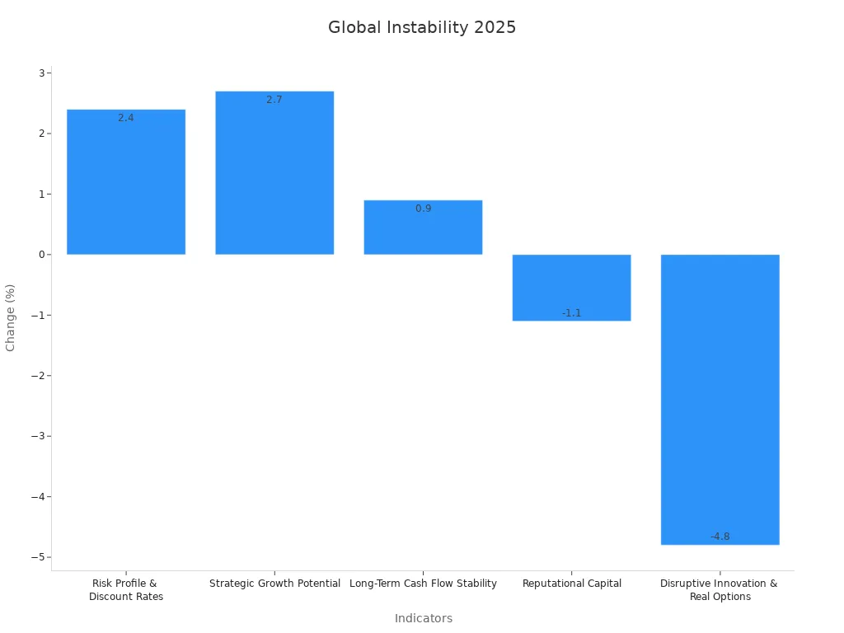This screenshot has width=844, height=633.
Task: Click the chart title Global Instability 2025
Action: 422,27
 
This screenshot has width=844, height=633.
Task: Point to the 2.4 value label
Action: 126,118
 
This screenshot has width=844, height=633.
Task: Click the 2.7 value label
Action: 274,100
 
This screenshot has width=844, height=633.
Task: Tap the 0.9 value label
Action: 423,209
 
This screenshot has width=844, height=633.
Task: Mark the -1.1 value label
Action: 571,313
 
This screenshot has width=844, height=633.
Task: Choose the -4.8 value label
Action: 720,537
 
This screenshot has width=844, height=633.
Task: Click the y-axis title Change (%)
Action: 11,317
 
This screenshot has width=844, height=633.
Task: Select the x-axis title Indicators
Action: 423,618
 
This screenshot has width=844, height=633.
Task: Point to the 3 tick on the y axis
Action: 40,73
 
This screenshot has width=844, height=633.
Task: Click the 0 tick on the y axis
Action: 40,255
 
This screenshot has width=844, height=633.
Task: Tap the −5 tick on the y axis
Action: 38,557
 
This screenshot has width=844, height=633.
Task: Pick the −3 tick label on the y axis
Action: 38,436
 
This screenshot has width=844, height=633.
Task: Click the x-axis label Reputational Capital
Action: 571,584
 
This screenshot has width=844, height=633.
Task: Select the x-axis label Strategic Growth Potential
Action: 274,584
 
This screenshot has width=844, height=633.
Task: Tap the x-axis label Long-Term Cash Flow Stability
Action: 423,584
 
